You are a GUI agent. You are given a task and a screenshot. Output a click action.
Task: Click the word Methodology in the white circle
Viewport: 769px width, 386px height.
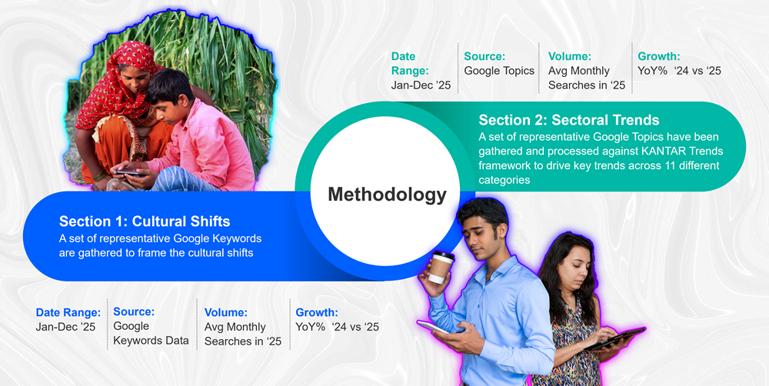pos(387,195)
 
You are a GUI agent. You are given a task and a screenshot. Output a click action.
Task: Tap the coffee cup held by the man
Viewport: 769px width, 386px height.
pos(440,267)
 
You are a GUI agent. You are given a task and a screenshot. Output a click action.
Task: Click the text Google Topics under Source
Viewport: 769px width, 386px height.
pos(499,71)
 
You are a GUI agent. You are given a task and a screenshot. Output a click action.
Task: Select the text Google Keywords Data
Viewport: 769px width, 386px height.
pos(150,334)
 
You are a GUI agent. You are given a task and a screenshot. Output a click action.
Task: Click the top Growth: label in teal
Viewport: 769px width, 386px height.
pos(658,56)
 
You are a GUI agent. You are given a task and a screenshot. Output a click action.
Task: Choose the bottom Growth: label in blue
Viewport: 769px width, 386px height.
pos(317,312)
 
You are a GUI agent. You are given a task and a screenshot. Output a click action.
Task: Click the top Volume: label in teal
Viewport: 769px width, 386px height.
pos(570,56)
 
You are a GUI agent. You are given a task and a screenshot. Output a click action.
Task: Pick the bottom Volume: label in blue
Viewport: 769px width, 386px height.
pos(226,312)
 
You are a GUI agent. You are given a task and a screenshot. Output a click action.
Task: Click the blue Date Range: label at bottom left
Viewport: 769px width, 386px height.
pos(68,312)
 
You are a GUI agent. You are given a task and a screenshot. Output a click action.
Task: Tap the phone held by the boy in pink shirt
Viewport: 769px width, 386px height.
pos(127,174)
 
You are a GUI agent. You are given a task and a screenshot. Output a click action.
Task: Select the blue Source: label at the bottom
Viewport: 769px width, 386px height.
pos(134,311)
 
